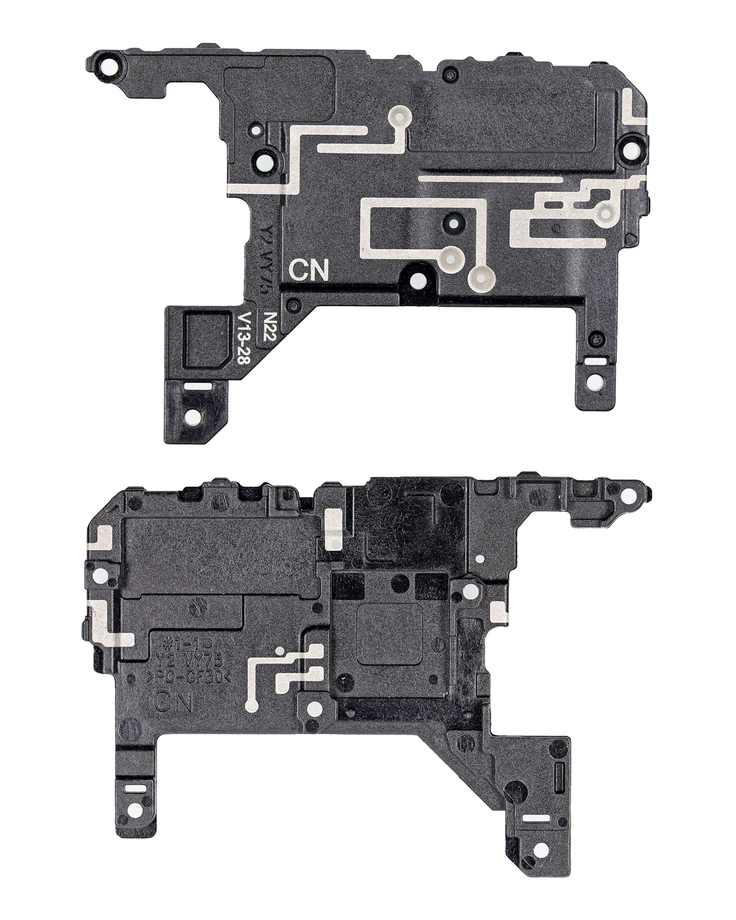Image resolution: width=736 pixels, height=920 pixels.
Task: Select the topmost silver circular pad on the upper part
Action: [x=399, y=117]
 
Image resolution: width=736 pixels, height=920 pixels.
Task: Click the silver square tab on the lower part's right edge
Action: [x=499, y=611]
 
